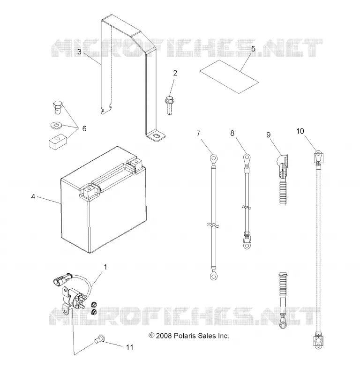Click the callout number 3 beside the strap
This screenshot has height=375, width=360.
point(79,52)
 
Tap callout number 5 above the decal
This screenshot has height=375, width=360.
point(253,49)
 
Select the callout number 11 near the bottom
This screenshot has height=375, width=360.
point(129,347)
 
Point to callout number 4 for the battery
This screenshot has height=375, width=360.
point(33,197)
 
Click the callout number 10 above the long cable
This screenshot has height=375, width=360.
point(300,131)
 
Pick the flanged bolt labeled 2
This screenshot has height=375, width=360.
point(169,105)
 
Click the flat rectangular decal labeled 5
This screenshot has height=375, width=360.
point(229,76)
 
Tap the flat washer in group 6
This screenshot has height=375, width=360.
point(56,125)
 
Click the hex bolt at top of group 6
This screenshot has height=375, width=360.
point(58,107)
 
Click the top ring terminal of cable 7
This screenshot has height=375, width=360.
point(213,158)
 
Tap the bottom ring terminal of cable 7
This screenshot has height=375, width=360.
point(213,276)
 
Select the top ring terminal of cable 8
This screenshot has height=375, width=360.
point(247,158)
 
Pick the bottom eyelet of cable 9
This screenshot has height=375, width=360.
point(283,324)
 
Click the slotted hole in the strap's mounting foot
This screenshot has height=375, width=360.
point(157,135)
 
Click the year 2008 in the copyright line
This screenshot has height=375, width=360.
point(164,336)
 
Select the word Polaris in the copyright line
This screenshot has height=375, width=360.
point(184,336)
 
